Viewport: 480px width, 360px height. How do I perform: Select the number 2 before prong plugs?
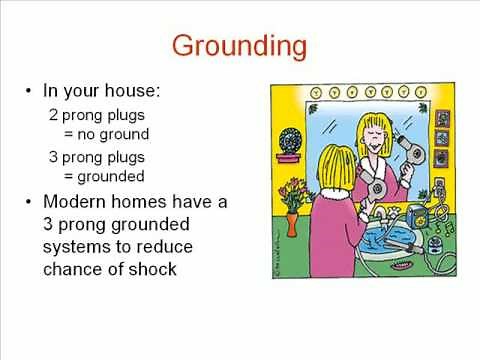(54, 115)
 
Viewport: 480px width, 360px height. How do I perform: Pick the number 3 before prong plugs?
(54, 157)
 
